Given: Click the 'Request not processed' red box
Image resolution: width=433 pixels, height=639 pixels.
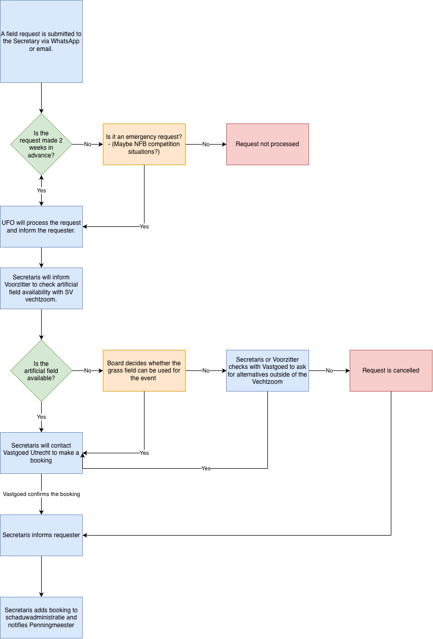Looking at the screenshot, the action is [x=267, y=144].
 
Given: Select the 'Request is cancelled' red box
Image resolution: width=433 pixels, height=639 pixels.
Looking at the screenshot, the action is [x=391, y=370].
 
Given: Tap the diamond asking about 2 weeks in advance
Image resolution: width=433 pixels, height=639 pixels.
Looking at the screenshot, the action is [x=41, y=144].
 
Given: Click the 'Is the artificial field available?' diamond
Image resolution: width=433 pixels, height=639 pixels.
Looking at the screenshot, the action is [x=41, y=370].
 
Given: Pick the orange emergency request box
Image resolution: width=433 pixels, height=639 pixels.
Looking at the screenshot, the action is [x=144, y=144].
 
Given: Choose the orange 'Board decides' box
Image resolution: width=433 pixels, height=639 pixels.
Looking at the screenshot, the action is [x=144, y=370].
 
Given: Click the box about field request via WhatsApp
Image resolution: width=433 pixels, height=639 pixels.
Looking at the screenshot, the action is [x=41, y=41].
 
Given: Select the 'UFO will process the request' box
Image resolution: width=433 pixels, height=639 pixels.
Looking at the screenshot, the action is [x=41, y=226].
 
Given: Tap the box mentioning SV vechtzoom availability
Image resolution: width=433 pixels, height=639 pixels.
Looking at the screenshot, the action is [x=41, y=288].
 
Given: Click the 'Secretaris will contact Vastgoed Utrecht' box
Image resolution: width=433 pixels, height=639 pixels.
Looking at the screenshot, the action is [x=41, y=453].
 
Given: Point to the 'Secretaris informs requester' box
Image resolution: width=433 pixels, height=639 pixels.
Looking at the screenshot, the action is [x=41, y=535].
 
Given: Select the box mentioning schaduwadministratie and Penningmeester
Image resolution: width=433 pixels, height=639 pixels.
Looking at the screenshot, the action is [x=41, y=617].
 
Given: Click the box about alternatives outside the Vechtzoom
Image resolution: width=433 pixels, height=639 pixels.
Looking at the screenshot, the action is [x=267, y=370].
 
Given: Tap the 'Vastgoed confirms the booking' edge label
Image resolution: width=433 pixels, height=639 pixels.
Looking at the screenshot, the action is [x=41, y=494].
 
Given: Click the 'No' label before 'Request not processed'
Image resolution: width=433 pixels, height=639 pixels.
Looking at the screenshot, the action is [x=206, y=144].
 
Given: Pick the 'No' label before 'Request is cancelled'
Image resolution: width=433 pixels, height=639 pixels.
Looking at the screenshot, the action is [x=329, y=370].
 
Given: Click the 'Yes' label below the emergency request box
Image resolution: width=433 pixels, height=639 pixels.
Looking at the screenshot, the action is [x=144, y=226].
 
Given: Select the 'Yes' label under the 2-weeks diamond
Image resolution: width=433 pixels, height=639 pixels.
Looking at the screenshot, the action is [x=41, y=190].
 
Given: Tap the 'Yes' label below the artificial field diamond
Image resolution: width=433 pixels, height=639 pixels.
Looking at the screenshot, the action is [x=41, y=417].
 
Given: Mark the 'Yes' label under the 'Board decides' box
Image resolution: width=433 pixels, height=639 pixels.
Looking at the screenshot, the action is [x=144, y=453].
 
